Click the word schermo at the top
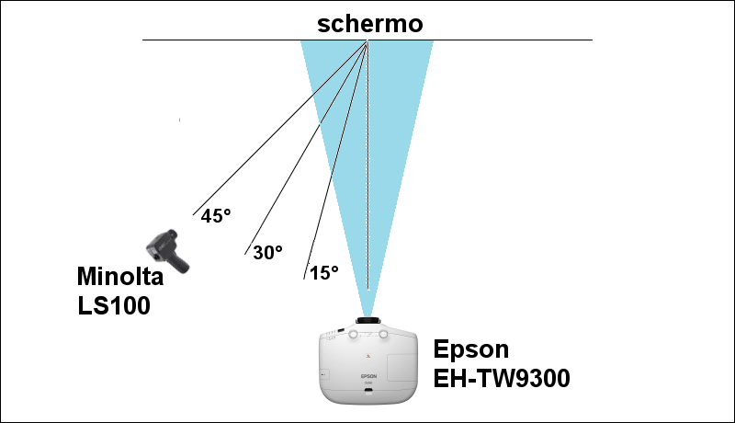370,24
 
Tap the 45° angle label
216,215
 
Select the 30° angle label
267,252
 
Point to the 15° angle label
323,272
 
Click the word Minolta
120,277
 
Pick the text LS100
114,305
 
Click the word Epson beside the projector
470,349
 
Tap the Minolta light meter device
167,249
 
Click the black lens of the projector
367,322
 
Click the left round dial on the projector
349,335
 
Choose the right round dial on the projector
387,335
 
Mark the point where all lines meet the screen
367,40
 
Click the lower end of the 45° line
193,213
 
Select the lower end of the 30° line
245,251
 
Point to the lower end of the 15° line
304,275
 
